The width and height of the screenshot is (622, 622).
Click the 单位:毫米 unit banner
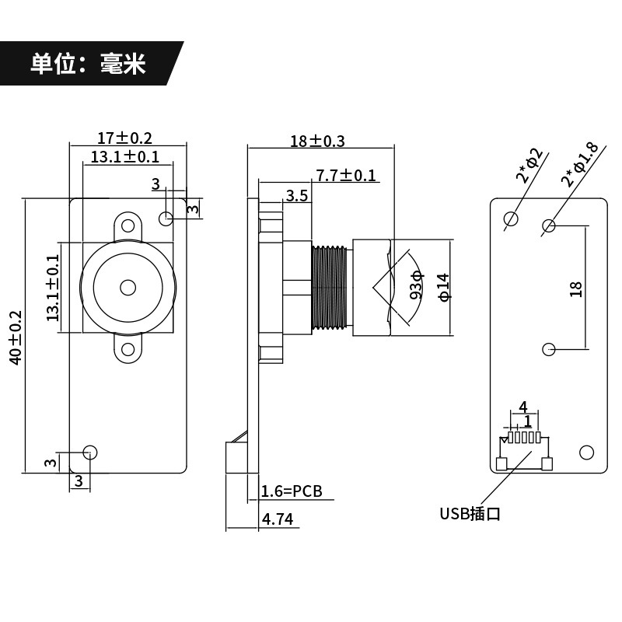88,64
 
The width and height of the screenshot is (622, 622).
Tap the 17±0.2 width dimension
124,138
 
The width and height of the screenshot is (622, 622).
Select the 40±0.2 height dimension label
16,337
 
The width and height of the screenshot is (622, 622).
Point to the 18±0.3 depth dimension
317,142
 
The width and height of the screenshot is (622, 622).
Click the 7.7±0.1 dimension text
345,176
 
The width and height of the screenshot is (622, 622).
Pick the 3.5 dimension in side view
297,196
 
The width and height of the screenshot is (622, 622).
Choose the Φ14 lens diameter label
444,287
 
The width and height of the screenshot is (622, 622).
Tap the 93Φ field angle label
417,285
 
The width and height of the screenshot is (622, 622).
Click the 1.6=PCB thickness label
292,491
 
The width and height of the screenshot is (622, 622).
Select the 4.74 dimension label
278,519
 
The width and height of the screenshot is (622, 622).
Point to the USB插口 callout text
470,514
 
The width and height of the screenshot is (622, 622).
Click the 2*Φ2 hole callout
529,166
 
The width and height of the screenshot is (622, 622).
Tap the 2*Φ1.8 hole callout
579,165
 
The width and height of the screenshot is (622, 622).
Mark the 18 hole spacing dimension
575,289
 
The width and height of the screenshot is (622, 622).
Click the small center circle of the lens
128,288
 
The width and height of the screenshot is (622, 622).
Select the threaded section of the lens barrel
330,288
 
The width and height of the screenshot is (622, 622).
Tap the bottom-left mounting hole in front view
90,453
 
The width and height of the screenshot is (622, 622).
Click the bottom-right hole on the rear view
586,453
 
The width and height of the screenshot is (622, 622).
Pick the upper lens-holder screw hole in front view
128,225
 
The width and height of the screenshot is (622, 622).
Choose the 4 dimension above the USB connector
523,407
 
